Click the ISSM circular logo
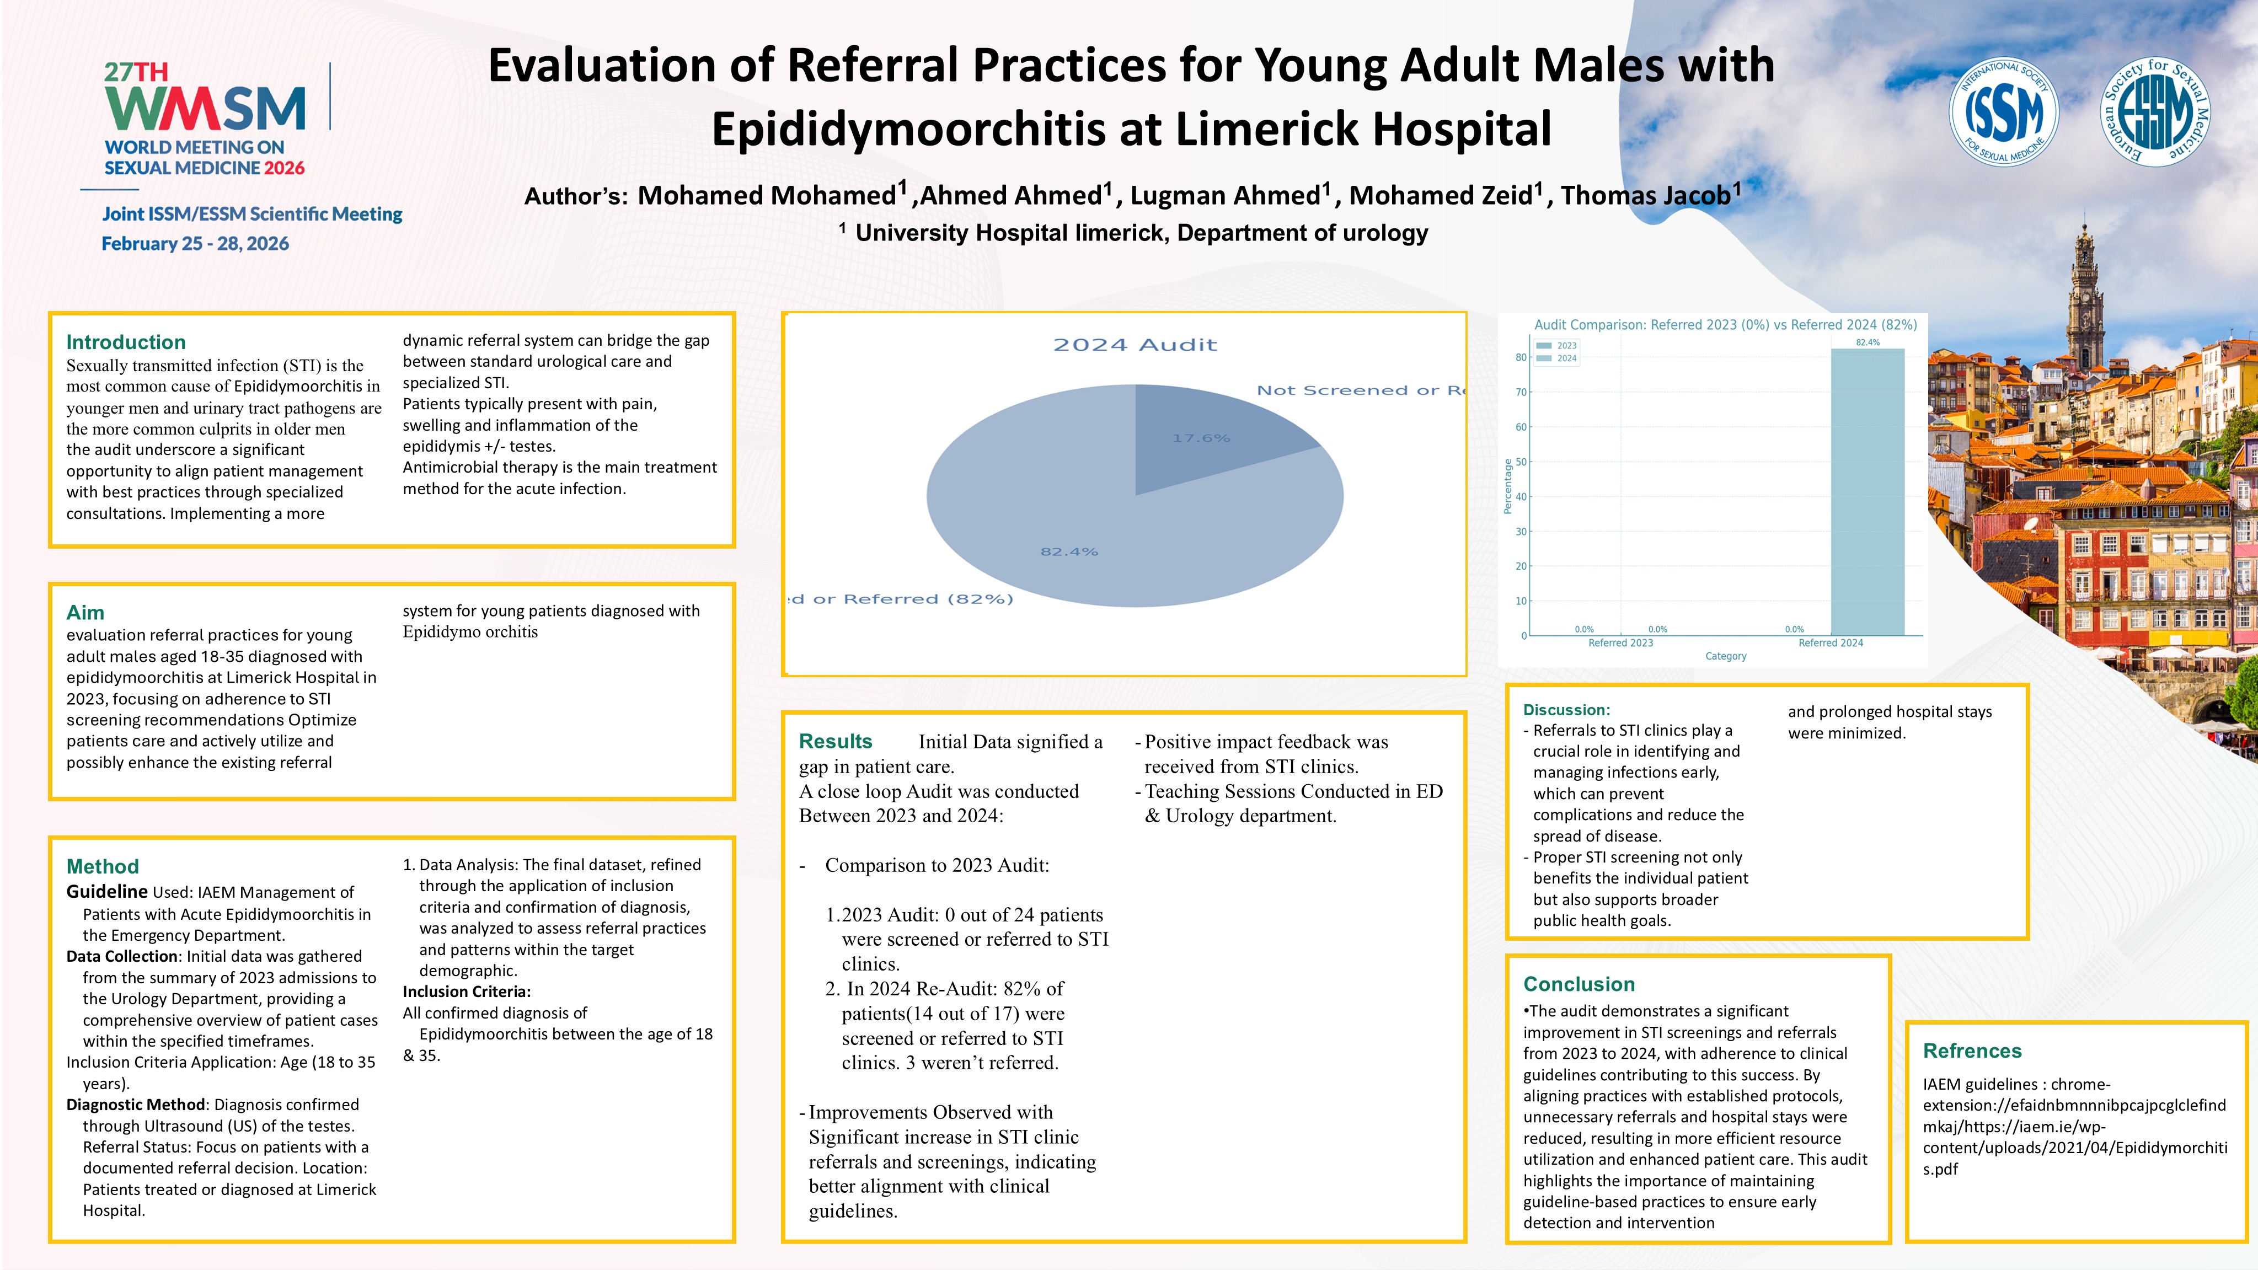tap(2003, 112)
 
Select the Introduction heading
tap(126, 342)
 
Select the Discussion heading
tap(1566, 710)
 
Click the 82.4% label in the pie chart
tap(1068, 552)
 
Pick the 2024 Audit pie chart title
tap(1135, 345)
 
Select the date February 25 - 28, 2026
tap(195, 244)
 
